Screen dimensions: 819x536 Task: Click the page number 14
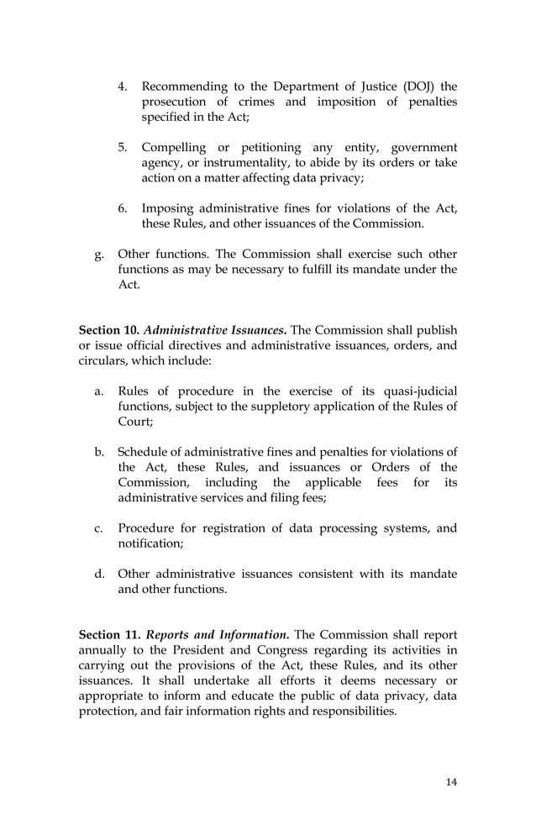pyautogui.click(x=451, y=782)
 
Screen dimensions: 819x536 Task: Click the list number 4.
pyautogui.click(x=122, y=87)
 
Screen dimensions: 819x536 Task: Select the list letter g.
pyautogui.click(x=98, y=254)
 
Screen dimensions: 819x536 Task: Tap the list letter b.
pyautogui.click(x=98, y=452)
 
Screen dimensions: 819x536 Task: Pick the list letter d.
pyautogui.click(x=98, y=574)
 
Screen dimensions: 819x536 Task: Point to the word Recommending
pyautogui.click(x=184, y=87)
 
